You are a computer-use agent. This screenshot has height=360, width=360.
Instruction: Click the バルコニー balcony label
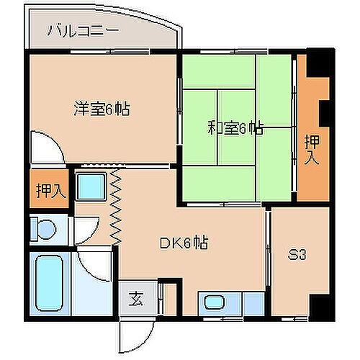pos(80,31)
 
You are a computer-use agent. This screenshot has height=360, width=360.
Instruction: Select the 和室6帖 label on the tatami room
pos(235,129)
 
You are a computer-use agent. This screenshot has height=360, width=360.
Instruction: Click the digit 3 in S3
pos(304,255)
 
